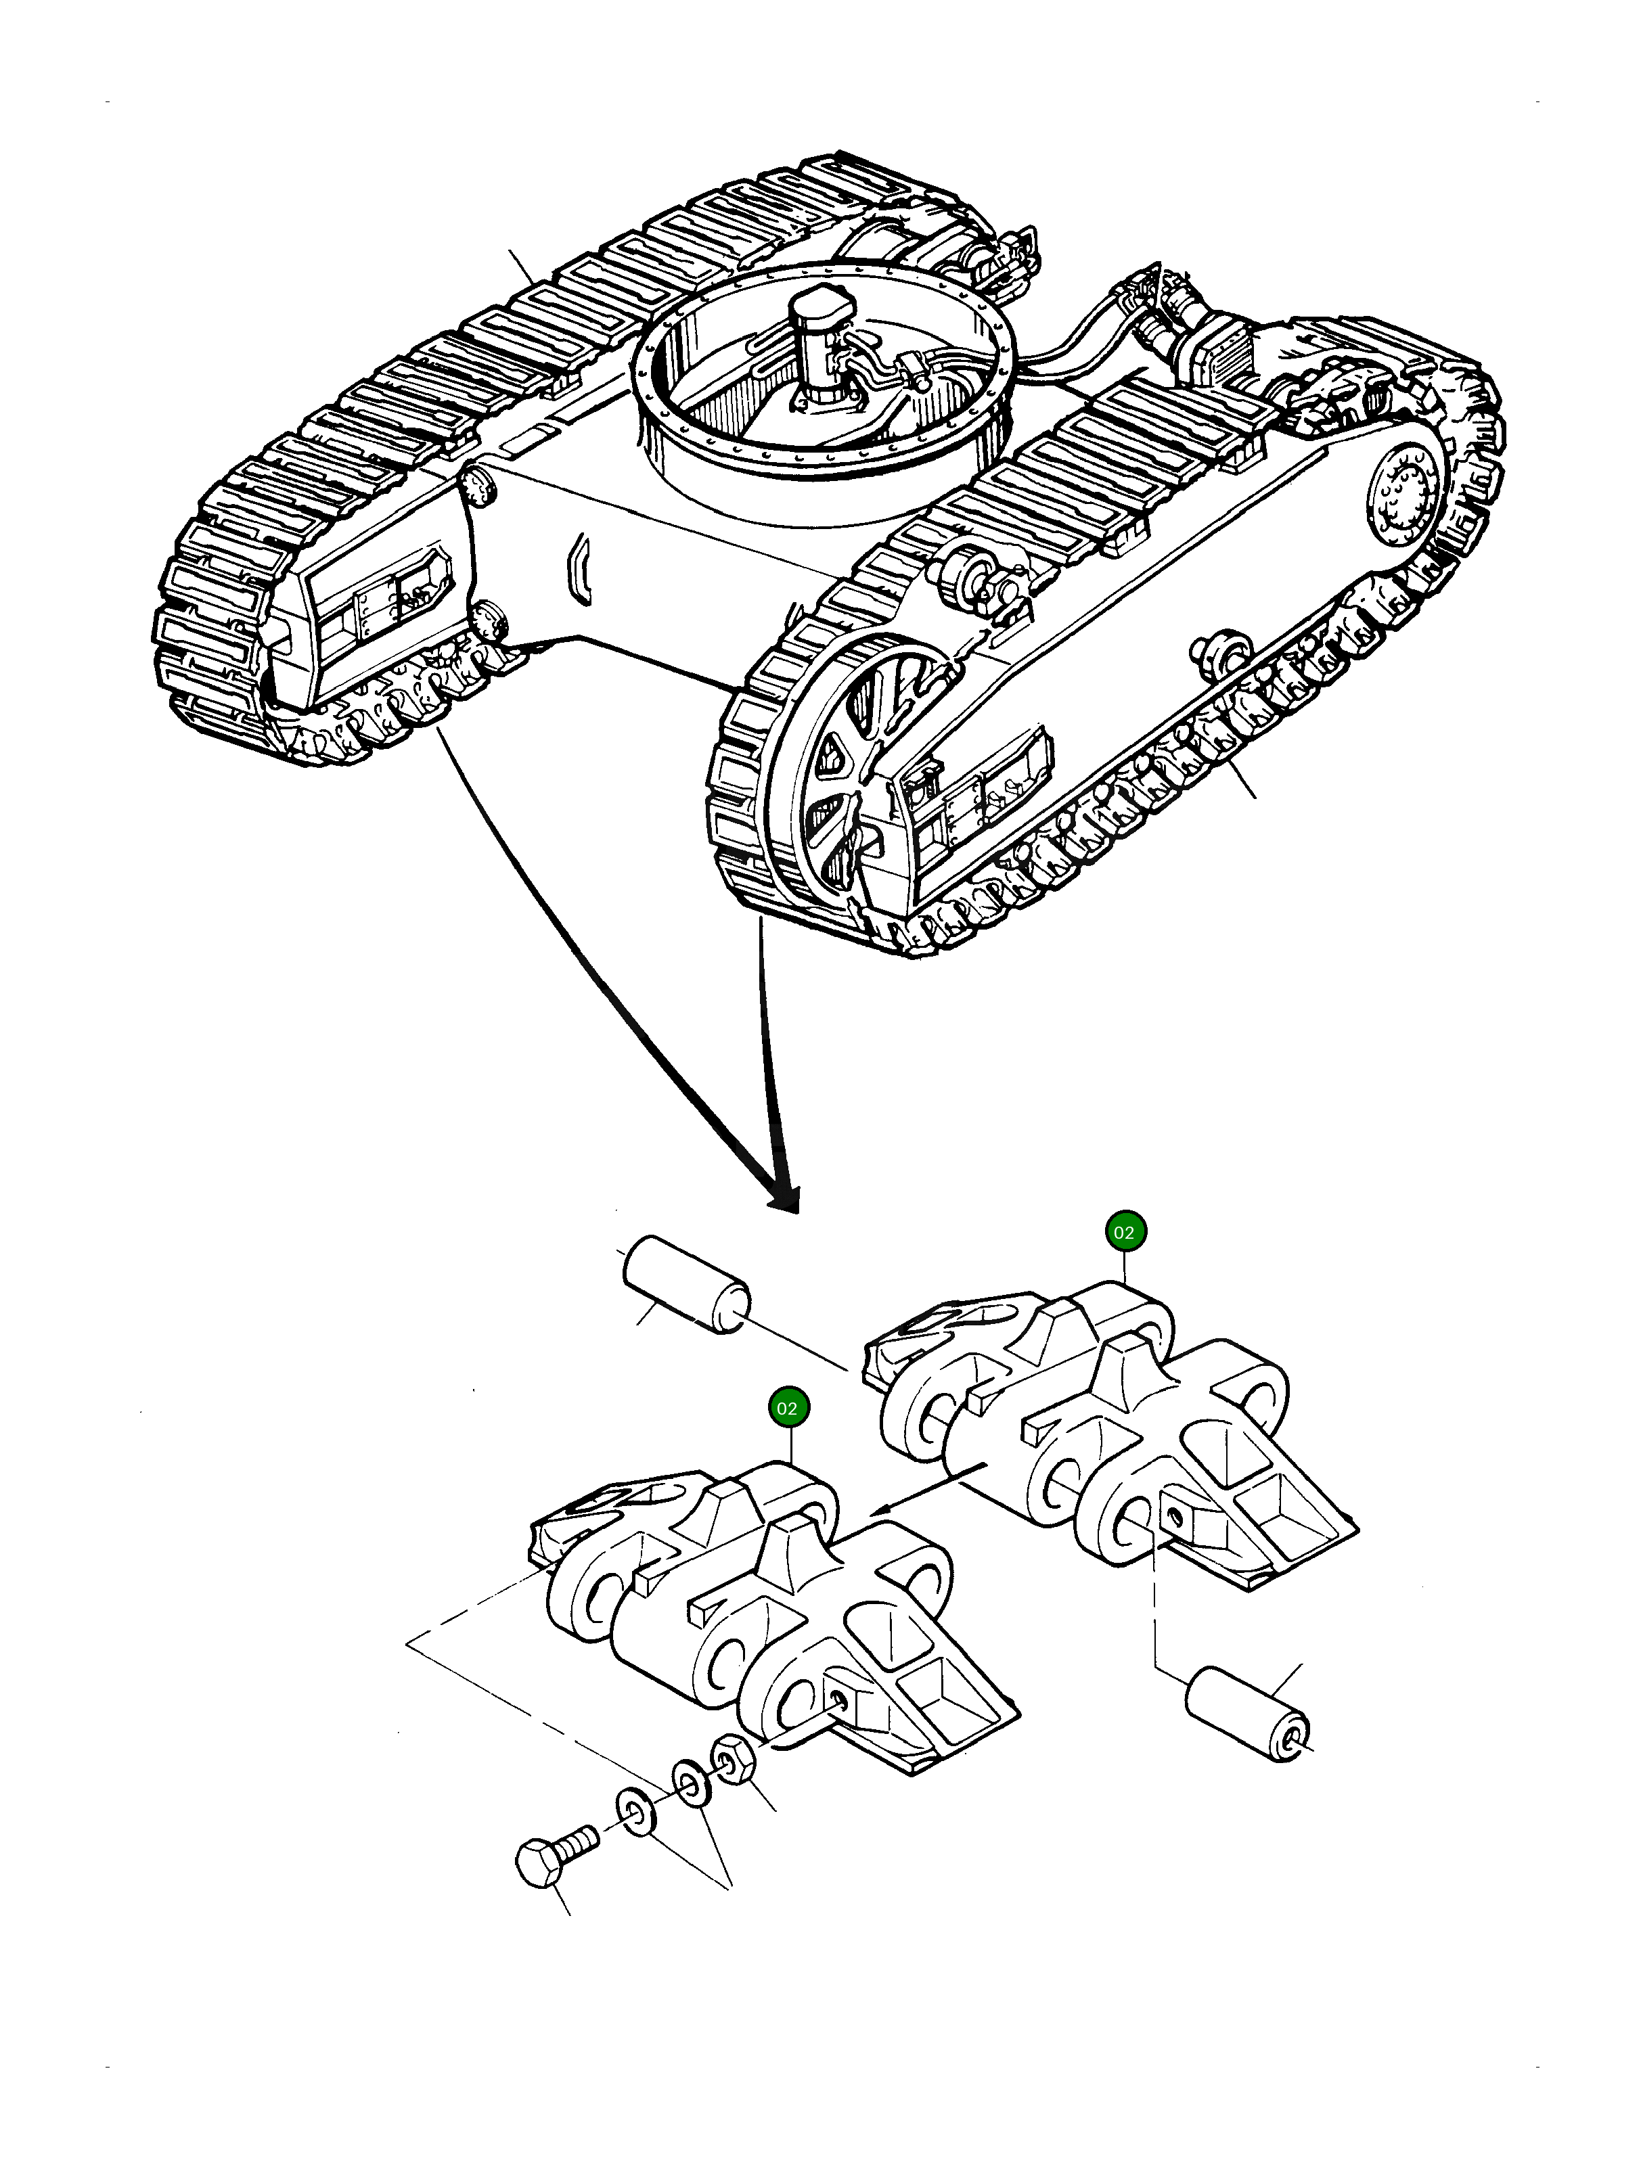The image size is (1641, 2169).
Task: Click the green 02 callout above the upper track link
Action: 1123,1233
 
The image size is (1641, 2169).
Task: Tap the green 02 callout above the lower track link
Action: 786,1408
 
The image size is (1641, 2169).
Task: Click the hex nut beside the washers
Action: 732,1760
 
